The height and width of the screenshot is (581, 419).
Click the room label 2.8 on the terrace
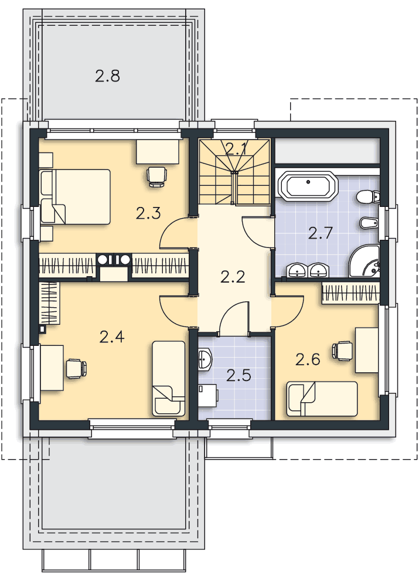click(107, 76)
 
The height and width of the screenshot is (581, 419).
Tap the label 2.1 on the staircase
click(236, 149)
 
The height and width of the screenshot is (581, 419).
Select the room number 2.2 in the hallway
click(233, 277)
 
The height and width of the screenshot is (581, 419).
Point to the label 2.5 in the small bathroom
click(239, 376)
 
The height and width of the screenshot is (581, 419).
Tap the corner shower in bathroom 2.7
click(365, 261)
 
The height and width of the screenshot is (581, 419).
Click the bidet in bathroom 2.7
click(370, 223)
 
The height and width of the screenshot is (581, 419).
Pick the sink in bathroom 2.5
click(205, 359)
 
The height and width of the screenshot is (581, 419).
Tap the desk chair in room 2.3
click(156, 176)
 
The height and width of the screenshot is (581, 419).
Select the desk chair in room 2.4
click(76, 369)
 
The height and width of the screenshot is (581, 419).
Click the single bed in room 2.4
click(169, 379)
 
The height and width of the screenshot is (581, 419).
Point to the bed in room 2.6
click(322, 399)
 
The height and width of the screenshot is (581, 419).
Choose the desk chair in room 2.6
click(342, 350)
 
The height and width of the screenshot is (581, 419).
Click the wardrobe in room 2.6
click(351, 293)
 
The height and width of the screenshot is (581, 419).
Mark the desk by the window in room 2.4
click(52, 368)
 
